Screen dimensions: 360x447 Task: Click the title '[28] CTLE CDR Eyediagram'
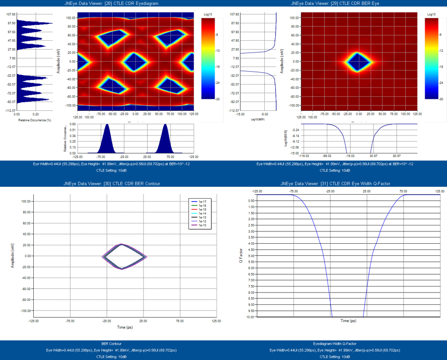point(112,3)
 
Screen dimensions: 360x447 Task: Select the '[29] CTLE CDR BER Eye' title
point(335,3)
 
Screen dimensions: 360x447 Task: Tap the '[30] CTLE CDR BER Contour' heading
point(112,184)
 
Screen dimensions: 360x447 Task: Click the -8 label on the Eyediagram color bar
point(217,35)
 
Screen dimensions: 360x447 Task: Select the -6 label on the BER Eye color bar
point(439,35)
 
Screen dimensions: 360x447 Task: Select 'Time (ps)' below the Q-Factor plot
point(348,321)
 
